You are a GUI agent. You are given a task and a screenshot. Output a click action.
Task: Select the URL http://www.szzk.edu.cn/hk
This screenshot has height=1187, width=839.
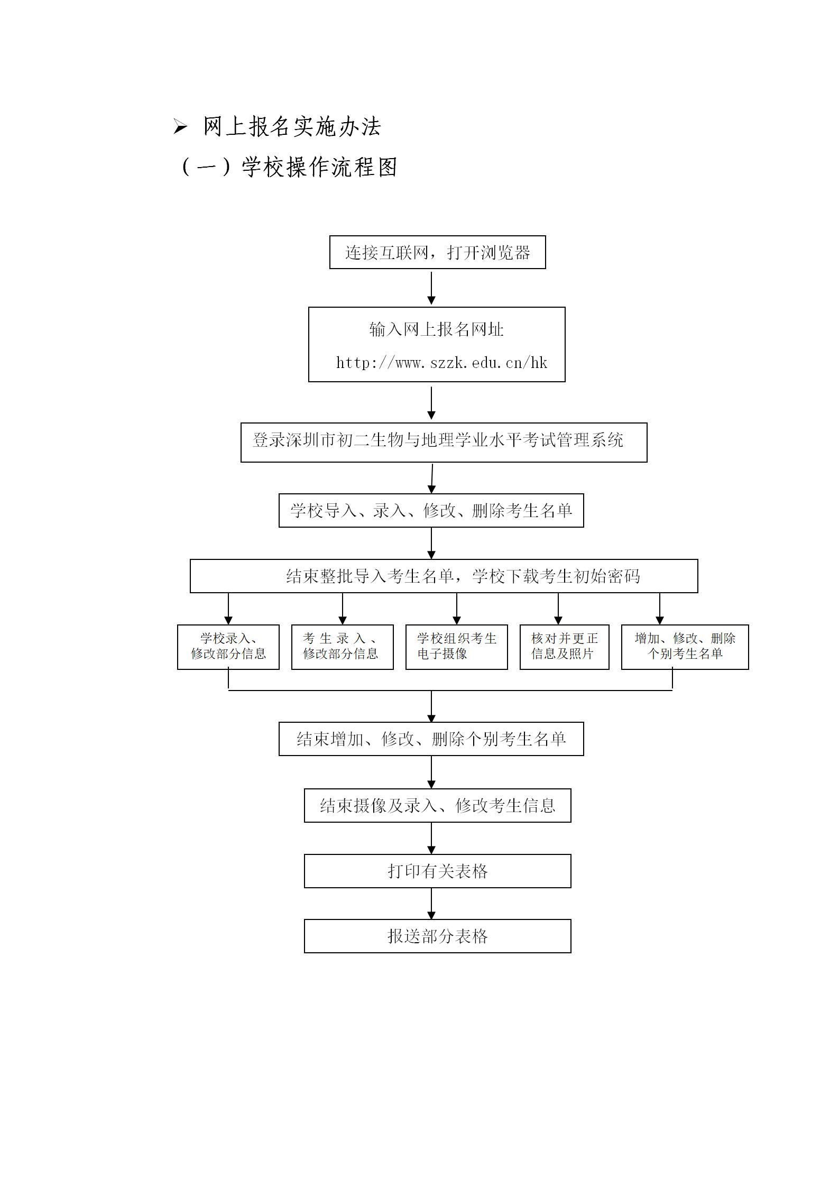coord(441,363)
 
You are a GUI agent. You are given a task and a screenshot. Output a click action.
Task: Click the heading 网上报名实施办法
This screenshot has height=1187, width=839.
coord(292,127)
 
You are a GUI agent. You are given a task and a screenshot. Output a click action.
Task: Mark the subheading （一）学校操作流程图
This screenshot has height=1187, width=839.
coord(288,168)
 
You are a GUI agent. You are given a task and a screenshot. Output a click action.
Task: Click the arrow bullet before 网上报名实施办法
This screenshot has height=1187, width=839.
coord(180,127)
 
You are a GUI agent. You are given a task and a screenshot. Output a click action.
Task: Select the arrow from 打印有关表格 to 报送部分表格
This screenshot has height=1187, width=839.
coord(431,904)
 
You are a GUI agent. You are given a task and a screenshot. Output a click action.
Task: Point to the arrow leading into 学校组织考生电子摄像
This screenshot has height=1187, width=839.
coord(457,609)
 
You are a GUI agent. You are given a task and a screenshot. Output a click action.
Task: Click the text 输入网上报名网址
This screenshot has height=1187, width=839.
coord(437,329)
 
